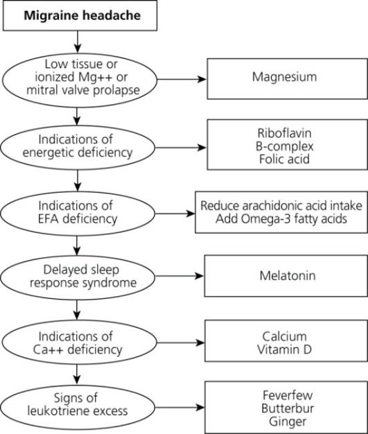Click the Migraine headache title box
[x=80, y=15]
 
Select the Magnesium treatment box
[x=287, y=78]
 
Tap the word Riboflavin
[x=284, y=133]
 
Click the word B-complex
[x=284, y=146]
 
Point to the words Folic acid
[x=284, y=159]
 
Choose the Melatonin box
[x=286, y=276]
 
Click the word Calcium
[x=284, y=336]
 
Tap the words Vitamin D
[x=284, y=349]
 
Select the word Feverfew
[x=288, y=395]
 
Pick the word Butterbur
[x=288, y=408]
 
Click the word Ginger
[x=288, y=422]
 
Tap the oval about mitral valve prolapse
[x=80, y=80]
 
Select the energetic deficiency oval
[x=78, y=148]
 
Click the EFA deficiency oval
[x=78, y=214]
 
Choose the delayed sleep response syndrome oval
[x=78, y=277]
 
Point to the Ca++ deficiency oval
[x=79, y=343]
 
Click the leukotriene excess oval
[x=78, y=408]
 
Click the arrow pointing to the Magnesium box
[x=182, y=79]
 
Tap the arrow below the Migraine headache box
[x=78, y=42]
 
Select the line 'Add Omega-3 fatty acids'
[x=281, y=219]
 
